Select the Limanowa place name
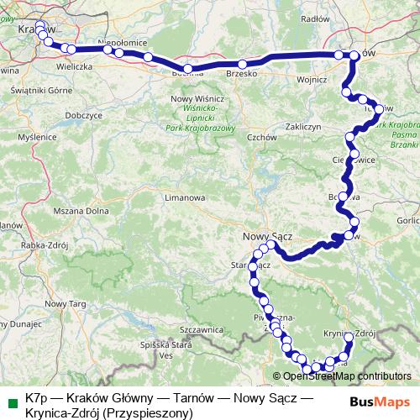[x=185, y=198]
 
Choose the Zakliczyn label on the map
[x=304, y=127]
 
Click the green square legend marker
[x=11, y=399]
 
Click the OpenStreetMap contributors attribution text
[x=347, y=376]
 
